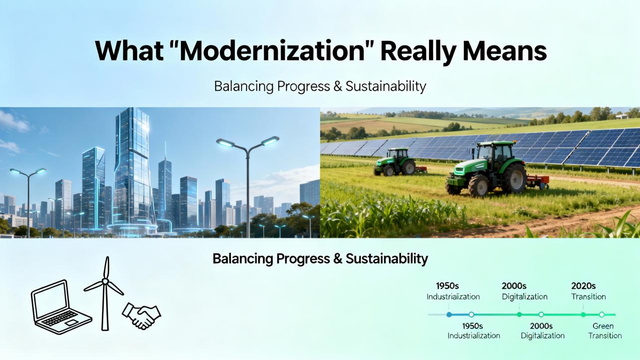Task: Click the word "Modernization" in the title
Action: click(272, 51)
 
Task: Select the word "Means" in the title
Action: click(504, 51)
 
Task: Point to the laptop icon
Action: click(61, 307)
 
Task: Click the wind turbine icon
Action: click(105, 294)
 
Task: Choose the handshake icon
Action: click(142, 316)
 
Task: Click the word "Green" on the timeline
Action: click(603, 326)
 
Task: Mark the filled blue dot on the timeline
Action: click(449, 315)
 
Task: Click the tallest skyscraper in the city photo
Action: click(133, 169)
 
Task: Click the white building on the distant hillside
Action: click(622, 117)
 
